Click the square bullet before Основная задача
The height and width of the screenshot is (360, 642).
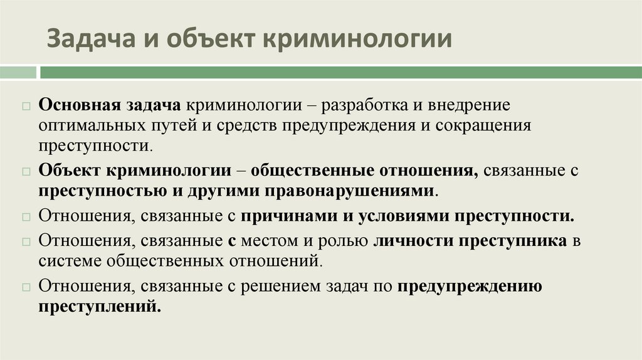coord(26,105)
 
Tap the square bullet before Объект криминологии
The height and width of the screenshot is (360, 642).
coord(26,171)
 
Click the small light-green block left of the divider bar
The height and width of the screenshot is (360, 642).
coord(18,72)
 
